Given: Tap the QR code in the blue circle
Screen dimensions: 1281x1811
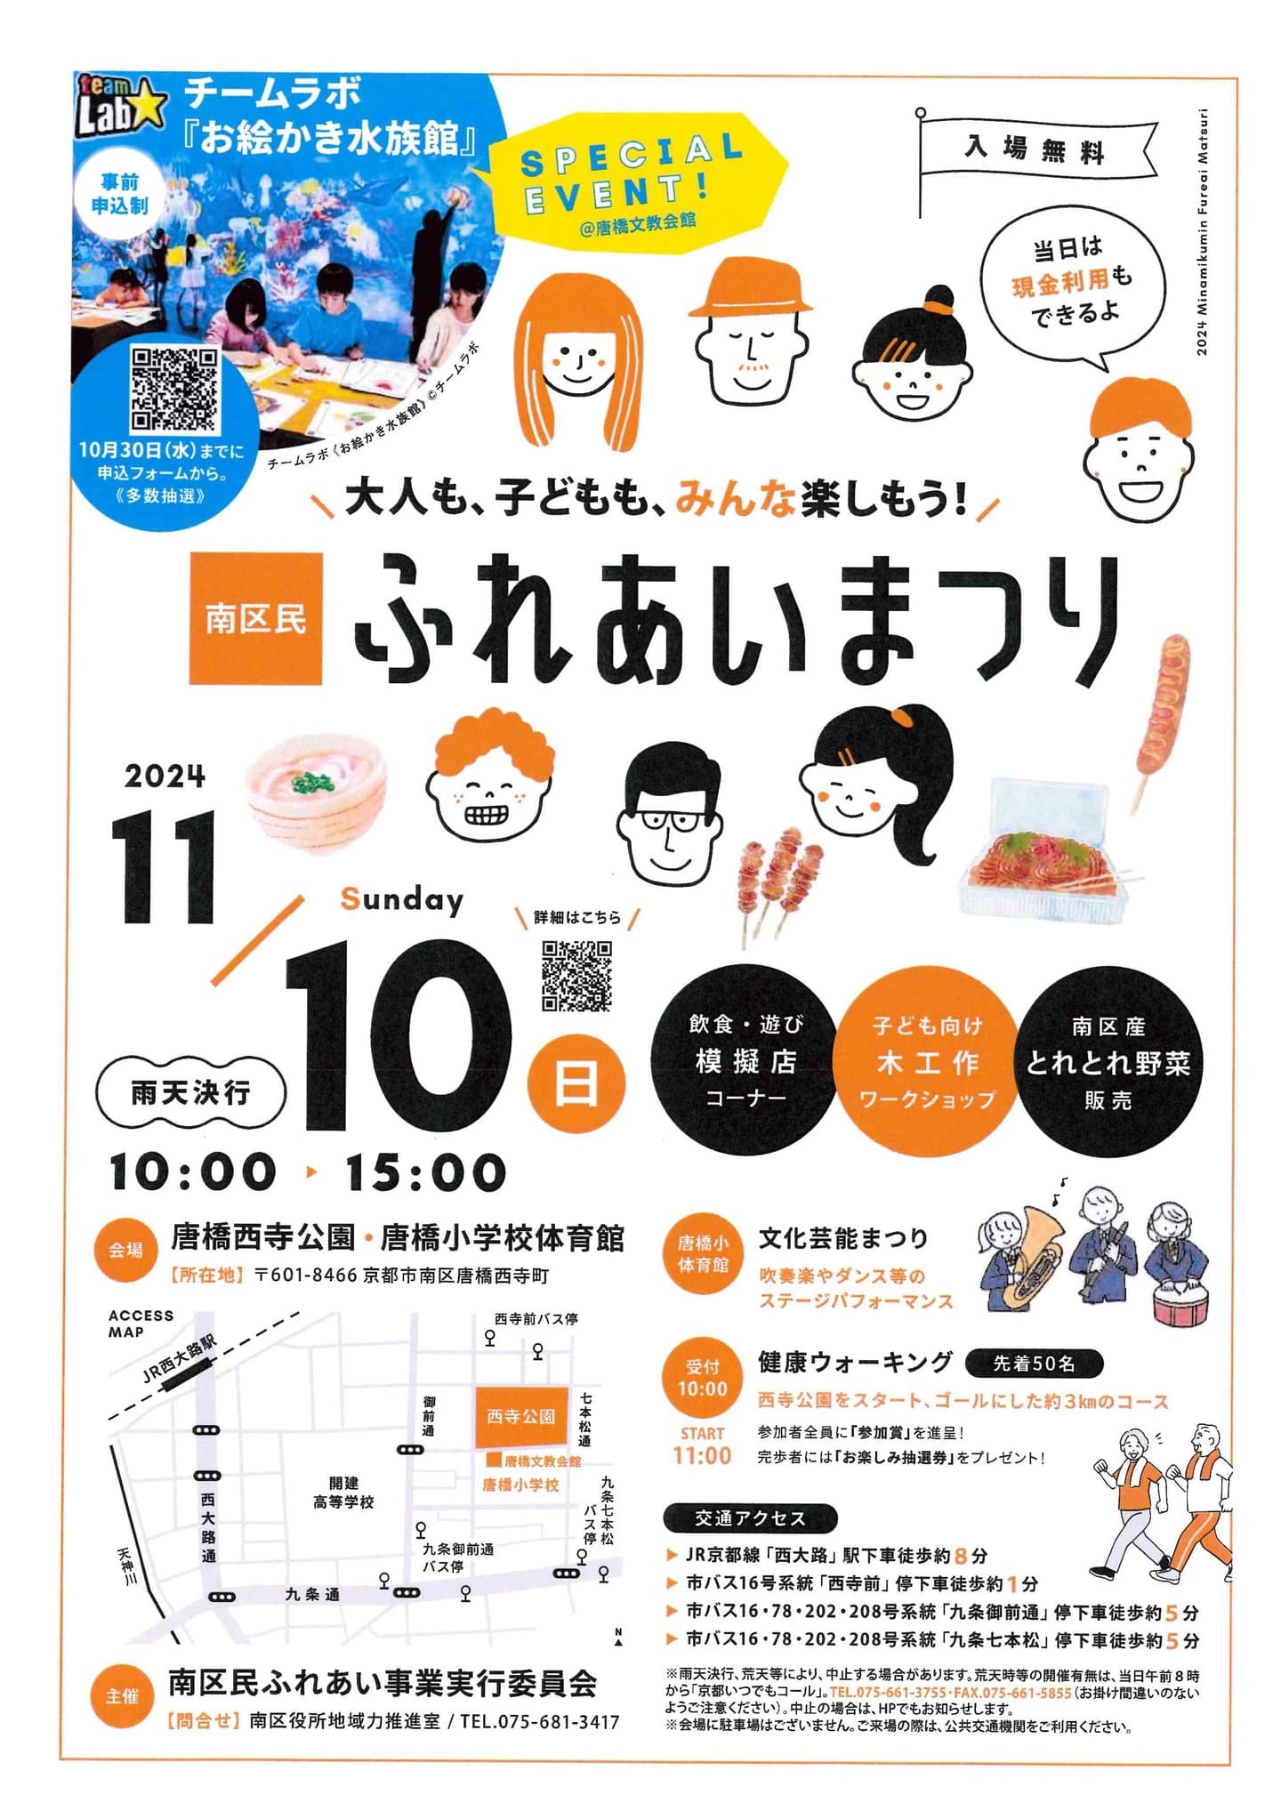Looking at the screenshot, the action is tap(174, 390).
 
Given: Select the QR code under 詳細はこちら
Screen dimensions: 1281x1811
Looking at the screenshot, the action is tap(576, 975).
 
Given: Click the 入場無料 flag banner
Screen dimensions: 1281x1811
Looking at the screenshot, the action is tap(1037, 150).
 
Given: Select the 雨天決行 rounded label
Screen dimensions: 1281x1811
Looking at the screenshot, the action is tap(190, 1092).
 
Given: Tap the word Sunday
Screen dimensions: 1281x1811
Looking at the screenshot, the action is tap(402, 900).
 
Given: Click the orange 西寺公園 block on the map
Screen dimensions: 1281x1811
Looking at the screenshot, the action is tap(520, 1415).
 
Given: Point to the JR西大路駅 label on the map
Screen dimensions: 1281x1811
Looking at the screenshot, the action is tap(179, 1359).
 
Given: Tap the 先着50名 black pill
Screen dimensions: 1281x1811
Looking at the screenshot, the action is tap(1034, 1363).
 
